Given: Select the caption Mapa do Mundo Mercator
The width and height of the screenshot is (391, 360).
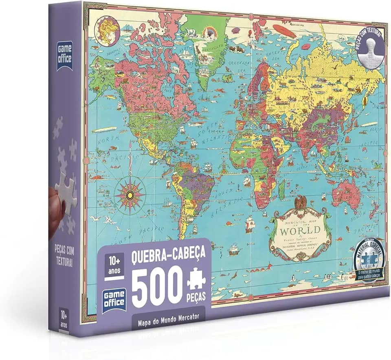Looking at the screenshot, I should point(168,318).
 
